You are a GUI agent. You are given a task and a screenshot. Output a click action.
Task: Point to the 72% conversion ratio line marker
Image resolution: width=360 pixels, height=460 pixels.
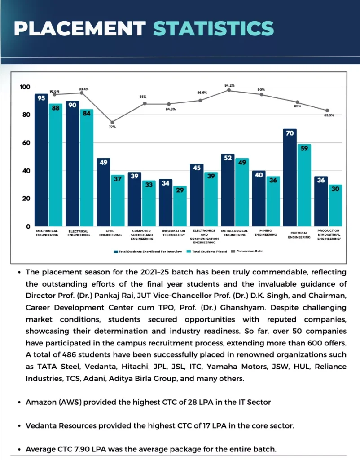(112, 122)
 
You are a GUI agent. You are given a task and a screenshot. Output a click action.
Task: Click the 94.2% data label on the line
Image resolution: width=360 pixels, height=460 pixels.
(229, 85)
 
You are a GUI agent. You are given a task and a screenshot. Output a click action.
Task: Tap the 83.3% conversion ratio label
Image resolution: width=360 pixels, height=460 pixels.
(329, 115)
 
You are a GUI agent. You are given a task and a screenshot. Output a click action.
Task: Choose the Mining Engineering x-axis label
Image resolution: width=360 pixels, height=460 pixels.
(265, 233)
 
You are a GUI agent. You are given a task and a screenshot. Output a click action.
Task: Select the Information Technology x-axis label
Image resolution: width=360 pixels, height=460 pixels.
(173, 233)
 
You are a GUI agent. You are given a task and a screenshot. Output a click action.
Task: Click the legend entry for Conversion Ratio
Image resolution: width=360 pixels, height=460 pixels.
(250, 251)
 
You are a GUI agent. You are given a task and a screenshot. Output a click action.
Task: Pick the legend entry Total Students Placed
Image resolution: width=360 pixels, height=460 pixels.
(209, 252)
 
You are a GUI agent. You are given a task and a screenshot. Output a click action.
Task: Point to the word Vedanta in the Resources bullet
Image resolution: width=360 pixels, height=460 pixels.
(41, 425)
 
